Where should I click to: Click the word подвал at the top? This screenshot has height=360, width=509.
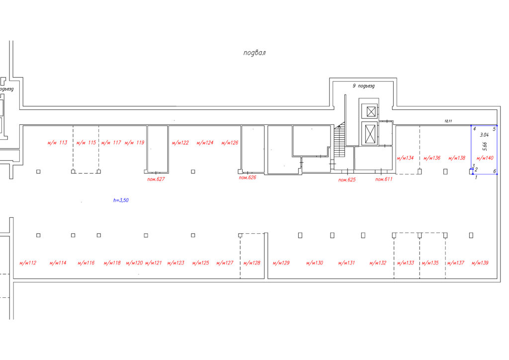click(254, 53)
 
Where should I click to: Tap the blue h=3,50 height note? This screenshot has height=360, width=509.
click(121, 200)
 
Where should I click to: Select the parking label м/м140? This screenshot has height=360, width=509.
click(485, 158)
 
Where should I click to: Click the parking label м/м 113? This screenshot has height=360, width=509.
click(58, 143)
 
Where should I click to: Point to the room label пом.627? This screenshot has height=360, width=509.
click(156, 179)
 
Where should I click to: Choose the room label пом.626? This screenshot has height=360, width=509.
click(248, 178)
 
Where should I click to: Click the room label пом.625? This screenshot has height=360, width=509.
click(347, 180)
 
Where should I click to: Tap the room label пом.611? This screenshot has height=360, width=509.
click(384, 179)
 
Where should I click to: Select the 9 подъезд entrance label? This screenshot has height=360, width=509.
click(363, 86)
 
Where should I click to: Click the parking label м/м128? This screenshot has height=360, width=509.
click(252, 263)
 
